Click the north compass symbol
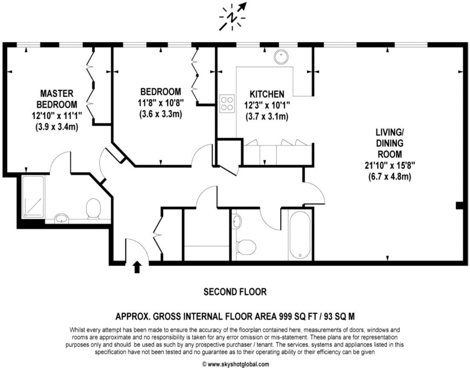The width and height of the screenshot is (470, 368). [232, 17]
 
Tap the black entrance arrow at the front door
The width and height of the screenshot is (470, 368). [137, 267]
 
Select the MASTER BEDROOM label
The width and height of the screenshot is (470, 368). [57, 98]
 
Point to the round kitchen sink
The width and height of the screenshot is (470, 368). [281, 57]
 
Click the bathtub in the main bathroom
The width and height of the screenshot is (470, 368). [301, 235]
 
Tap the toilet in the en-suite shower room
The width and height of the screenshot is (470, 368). [93, 209]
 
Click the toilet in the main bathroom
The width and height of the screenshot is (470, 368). [246, 245]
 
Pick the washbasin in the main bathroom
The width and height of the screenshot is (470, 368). [237, 221]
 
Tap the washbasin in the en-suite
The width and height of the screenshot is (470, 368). [62, 219]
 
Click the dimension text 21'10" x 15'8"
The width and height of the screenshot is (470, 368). [390, 165]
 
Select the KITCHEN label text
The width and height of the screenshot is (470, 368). [267, 94]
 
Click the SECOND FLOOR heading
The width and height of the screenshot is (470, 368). [235, 292]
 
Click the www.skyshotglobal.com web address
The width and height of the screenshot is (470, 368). [235, 364]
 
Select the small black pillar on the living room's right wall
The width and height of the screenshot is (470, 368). [459, 206]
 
